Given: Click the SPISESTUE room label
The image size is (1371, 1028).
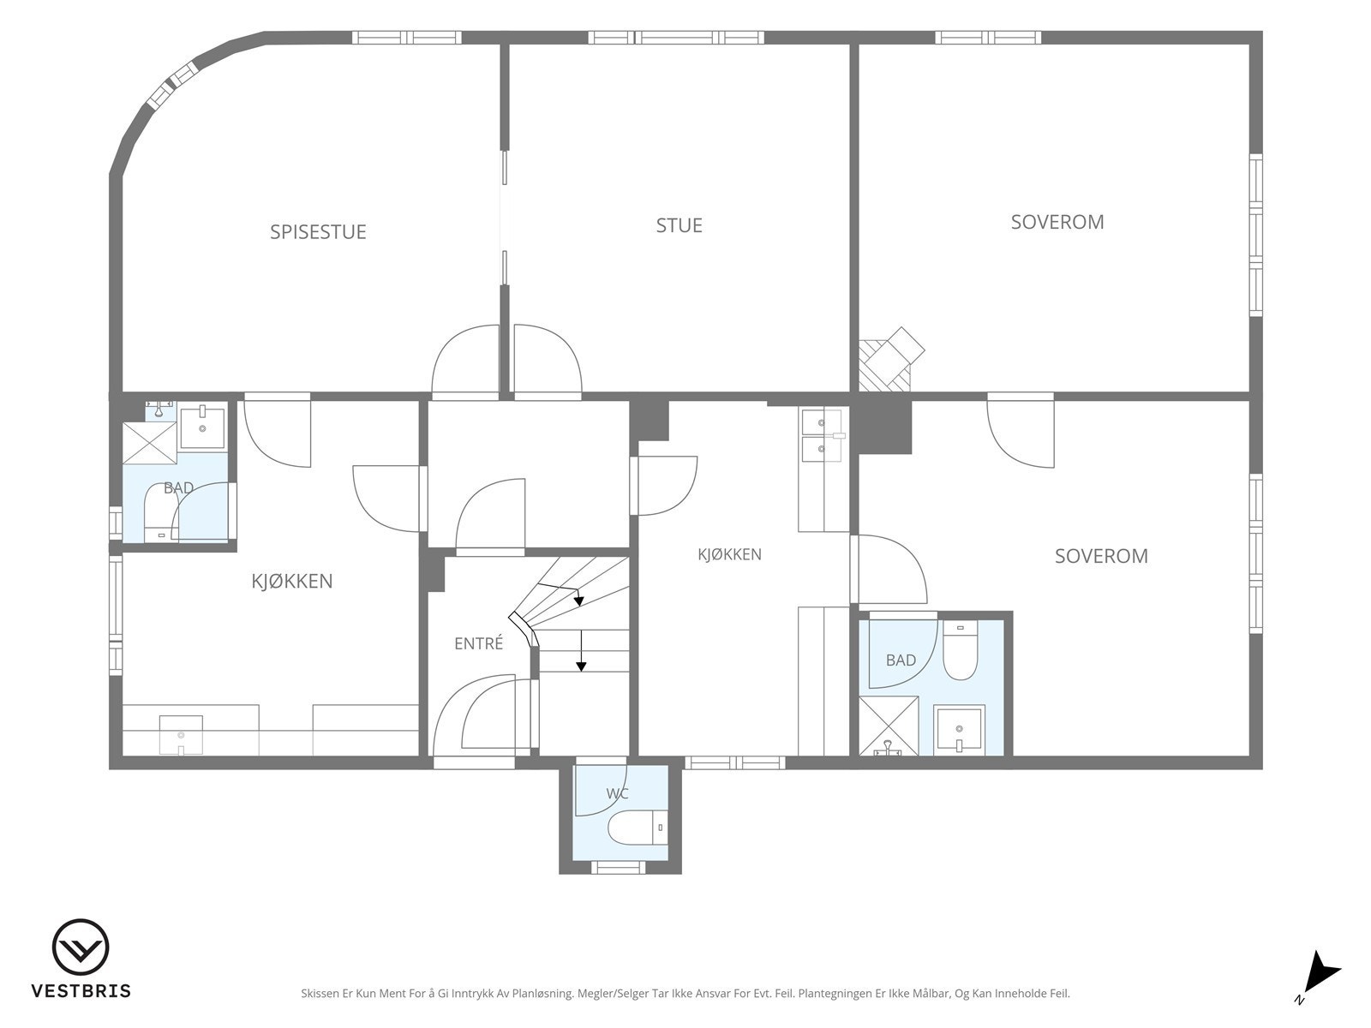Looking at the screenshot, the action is [x=318, y=231].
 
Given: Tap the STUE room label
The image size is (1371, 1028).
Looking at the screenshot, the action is [x=679, y=225].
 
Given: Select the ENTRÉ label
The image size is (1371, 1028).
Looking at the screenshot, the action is [x=478, y=642].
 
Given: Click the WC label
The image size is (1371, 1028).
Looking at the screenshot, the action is [x=617, y=794].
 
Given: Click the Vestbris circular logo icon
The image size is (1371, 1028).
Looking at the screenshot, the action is [x=81, y=947].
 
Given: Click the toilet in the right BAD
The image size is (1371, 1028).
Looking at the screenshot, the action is [x=960, y=649].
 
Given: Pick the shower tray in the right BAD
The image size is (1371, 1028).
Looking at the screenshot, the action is [x=889, y=726].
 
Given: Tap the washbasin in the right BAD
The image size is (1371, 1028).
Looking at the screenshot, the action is [x=959, y=730].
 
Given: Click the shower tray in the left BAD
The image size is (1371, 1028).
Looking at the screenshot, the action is [x=150, y=443].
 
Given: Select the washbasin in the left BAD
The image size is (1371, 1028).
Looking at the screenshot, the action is [x=202, y=427].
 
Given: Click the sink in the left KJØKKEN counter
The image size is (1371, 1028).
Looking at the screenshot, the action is [x=181, y=735].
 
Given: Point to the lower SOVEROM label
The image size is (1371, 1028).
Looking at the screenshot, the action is [x=1101, y=556].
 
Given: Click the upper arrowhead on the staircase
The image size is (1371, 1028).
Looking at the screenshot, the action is [x=579, y=601].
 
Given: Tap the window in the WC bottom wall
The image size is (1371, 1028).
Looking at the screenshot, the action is [x=618, y=867].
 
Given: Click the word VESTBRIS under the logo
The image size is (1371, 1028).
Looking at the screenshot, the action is [x=81, y=991].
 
